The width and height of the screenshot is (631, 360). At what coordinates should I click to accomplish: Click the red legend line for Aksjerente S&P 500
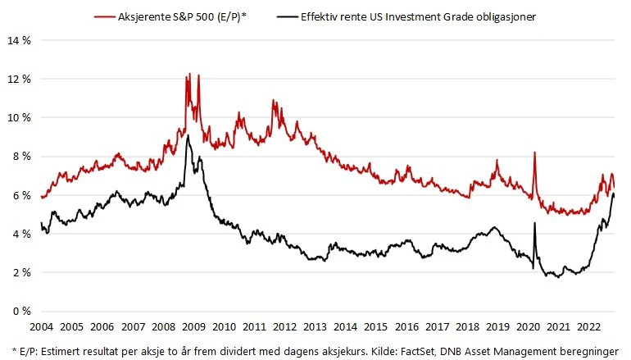click(105, 17)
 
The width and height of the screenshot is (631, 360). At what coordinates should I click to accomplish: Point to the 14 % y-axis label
click(19, 40)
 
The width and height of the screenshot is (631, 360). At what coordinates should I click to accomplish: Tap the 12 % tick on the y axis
click(19, 79)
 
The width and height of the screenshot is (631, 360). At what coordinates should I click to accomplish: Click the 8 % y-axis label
click(22, 157)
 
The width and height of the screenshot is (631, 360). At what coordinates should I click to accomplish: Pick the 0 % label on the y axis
click(22, 312)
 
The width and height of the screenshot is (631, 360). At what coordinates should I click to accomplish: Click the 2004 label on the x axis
click(42, 326)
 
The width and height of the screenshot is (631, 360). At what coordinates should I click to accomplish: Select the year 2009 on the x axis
click(193, 326)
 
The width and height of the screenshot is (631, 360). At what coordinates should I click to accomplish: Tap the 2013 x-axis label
click(315, 326)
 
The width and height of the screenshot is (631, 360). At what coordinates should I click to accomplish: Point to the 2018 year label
click(467, 326)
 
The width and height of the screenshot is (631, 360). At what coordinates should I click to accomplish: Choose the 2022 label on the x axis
click(588, 326)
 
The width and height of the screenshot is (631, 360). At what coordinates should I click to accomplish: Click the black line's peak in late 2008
click(188, 135)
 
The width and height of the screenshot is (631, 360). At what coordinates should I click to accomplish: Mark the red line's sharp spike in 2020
click(534, 153)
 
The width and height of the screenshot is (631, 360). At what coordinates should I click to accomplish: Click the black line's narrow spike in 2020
click(534, 223)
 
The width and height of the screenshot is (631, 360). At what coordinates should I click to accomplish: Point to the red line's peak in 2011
click(273, 100)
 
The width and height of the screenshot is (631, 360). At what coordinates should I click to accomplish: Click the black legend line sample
click(288, 17)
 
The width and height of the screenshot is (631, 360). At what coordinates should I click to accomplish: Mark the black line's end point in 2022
click(614, 196)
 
